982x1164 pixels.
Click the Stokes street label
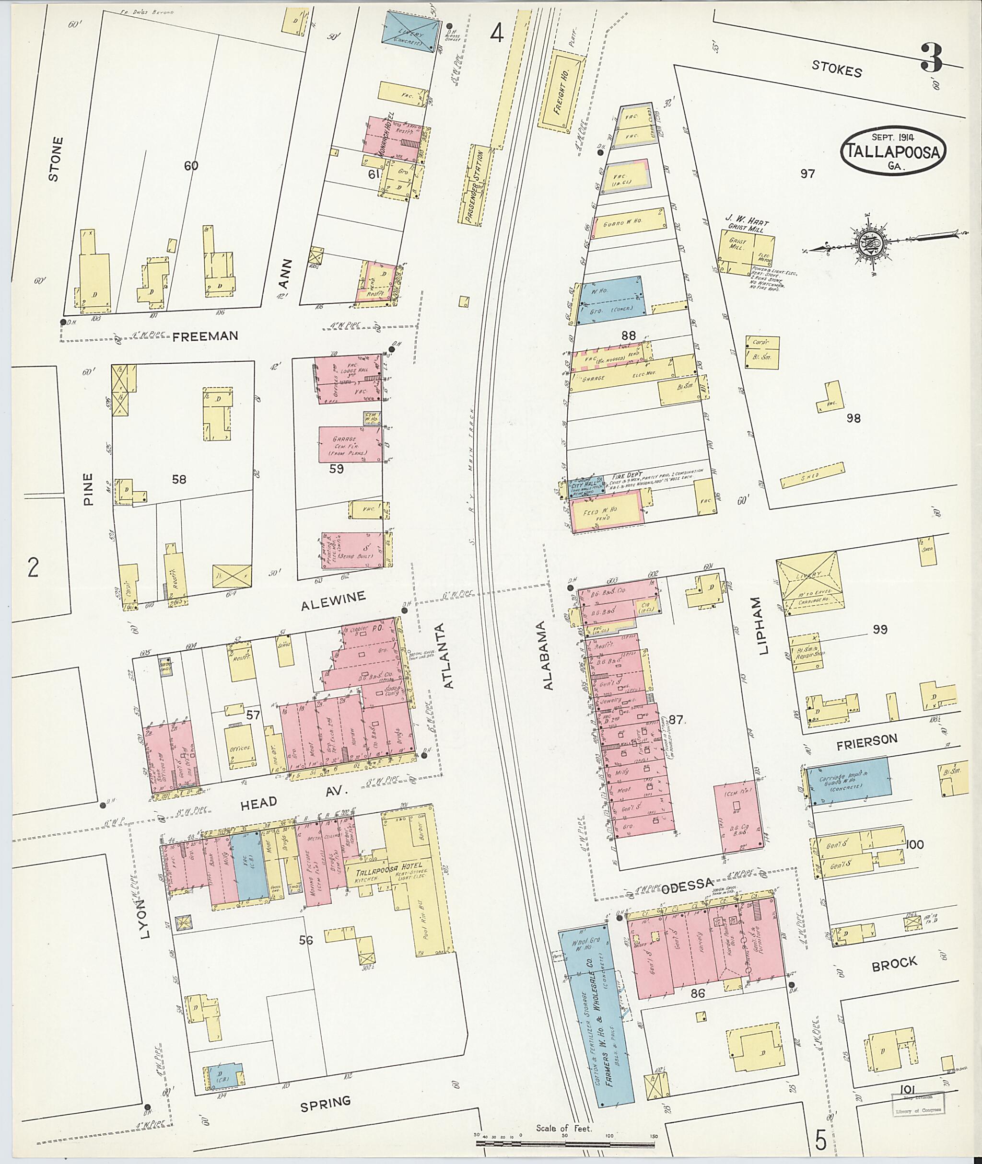[836, 69]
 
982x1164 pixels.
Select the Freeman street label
[205, 336]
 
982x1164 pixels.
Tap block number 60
[190, 166]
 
